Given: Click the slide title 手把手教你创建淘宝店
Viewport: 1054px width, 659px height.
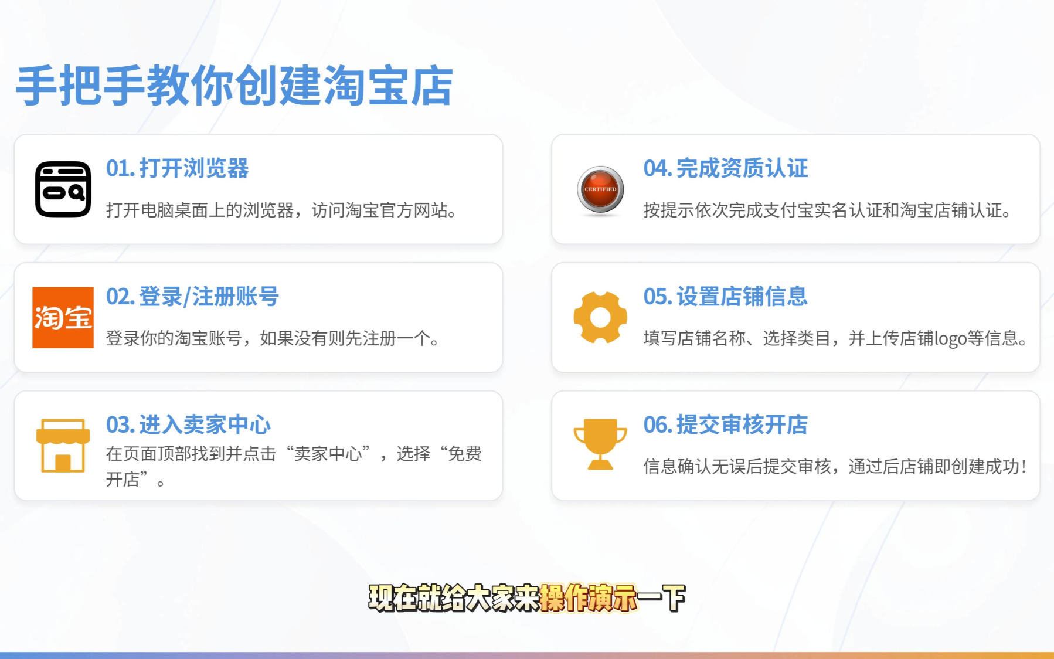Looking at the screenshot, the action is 234,86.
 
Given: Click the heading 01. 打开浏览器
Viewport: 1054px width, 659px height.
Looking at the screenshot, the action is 177,168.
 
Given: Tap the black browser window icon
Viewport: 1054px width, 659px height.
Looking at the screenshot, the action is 63,189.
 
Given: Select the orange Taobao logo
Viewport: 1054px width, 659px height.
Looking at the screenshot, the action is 63,317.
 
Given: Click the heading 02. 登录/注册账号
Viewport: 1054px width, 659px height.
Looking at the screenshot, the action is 192,297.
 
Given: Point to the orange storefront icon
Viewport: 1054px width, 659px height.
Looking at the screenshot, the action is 63,445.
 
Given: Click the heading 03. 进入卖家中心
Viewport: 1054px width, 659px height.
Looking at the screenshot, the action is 188,424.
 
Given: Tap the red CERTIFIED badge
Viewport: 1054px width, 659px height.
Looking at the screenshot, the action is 600,190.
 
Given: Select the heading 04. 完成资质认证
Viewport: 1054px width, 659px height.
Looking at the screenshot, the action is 726,168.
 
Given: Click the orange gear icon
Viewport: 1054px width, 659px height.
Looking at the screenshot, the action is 600,317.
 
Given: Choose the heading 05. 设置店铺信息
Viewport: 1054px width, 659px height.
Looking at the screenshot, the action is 726,297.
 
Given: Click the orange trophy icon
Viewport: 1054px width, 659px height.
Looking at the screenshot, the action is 600,444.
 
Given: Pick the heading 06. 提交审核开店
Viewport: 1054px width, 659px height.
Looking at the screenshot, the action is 726,424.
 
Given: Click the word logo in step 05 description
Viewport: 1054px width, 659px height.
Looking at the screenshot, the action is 950,339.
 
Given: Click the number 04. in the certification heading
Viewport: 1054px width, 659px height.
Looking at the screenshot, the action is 658,168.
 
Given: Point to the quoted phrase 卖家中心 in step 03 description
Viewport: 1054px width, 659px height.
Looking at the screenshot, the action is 328,453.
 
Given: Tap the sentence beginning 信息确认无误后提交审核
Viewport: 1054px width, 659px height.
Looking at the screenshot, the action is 835,467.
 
